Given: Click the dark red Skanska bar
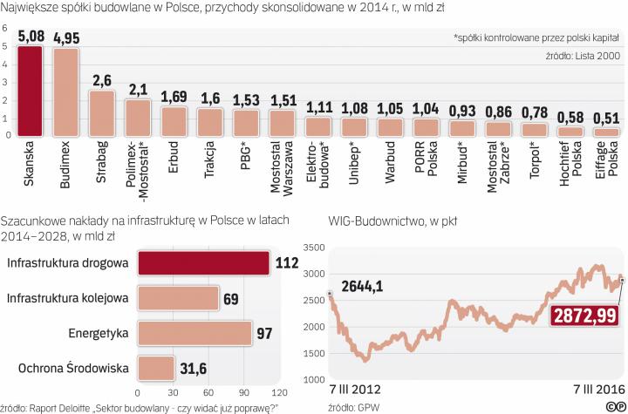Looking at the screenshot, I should tap(31, 91).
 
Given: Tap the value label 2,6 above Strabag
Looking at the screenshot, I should tap(101, 81).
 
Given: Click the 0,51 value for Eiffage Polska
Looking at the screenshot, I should tap(606, 119).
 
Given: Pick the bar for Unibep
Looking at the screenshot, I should tap(354, 127).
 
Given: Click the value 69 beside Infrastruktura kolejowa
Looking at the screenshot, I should tap(231, 299).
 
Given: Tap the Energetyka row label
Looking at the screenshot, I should tap(99, 334).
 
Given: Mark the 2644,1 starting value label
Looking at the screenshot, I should tap(361, 285).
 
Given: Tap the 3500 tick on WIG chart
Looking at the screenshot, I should tap(312, 247).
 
